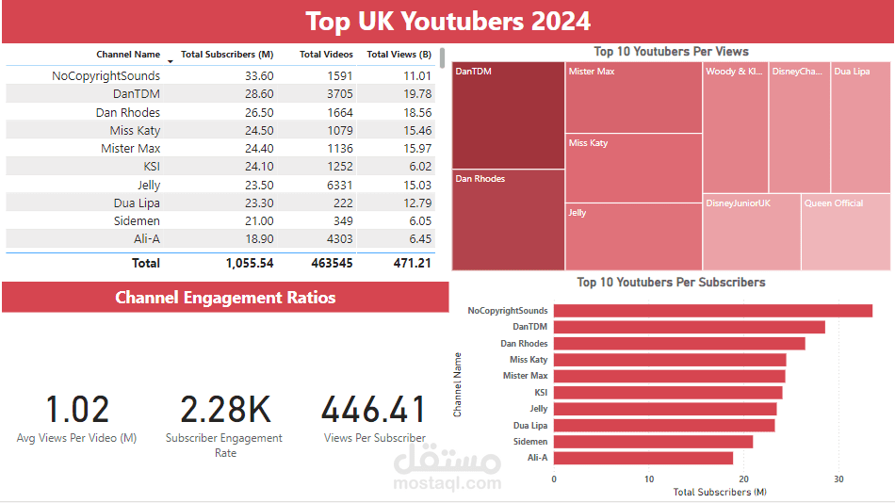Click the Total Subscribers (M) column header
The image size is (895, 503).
pyautogui.click(x=227, y=55)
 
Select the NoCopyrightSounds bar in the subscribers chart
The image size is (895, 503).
pyautogui.click(x=712, y=311)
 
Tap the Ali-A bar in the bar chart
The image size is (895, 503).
pyautogui.click(x=643, y=458)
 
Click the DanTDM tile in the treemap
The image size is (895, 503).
pyautogui.click(x=509, y=115)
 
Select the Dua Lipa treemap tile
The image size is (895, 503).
pyautogui.click(x=860, y=127)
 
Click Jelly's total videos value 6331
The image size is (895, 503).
pyautogui.click(x=340, y=186)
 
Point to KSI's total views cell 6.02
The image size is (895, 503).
pyautogui.click(x=416, y=167)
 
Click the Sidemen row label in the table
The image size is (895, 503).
pyautogui.click(x=139, y=221)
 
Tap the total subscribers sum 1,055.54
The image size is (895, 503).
pyautogui.click(x=249, y=264)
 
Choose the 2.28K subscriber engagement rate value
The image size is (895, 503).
pyautogui.click(x=225, y=410)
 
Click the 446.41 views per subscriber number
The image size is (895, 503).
pyautogui.click(x=374, y=410)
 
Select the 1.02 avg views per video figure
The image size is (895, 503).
pyautogui.click(x=77, y=410)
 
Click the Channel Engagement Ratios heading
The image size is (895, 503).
pyautogui.click(x=225, y=298)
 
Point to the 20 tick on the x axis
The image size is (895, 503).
pyautogui.click(x=744, y=479)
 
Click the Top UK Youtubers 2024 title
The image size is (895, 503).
pyautogui.click(x=448, y=21)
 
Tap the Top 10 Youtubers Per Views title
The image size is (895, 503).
pyautogui.click(x=671, y=52)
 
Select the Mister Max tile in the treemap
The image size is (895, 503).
pyautogui.click(x=634, y=99)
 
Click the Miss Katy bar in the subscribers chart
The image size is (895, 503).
pyautogui.click(x=670, y=360)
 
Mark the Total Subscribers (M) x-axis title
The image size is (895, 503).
pyautogui.click(x=719, y=492)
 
